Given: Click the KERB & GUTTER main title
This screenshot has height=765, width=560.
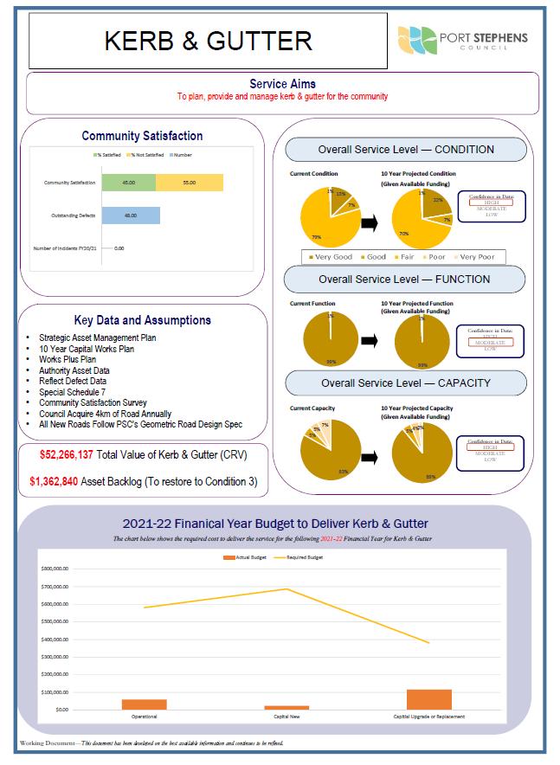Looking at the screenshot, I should [208, 41].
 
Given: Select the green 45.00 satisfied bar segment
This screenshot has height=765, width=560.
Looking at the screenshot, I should [128, 183].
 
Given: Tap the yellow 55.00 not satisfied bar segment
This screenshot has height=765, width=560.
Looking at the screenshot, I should [189, 183].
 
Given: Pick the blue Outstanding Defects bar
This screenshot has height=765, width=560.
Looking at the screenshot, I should [131, 215].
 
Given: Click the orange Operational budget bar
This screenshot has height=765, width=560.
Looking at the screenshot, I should [144, 704].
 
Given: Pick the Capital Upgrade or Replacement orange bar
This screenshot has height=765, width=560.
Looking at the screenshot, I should [428, 699].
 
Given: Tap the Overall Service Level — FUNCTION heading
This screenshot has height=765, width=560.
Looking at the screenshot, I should [404, 280].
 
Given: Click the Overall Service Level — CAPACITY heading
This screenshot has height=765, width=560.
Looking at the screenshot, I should [404, 382].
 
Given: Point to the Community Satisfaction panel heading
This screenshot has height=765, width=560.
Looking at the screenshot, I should [142, 136].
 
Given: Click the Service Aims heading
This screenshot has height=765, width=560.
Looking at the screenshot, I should [282, 84].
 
